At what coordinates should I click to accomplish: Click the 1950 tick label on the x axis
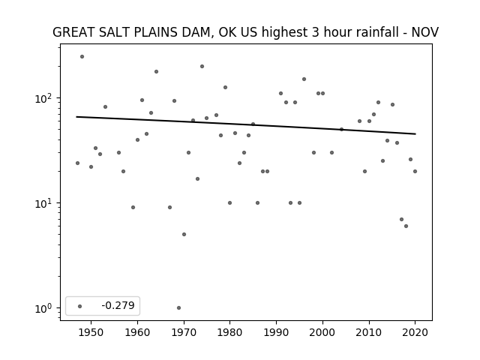click(x=91, y=332)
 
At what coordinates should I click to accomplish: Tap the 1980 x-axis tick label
click(x=229, y=332)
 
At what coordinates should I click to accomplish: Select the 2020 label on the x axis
click(x=415, y=332)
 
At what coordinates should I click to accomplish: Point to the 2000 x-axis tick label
click(x=322, y=332)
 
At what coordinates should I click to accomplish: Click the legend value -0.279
click(x=118, y=305)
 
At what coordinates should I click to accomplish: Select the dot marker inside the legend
click(x=80, y=306)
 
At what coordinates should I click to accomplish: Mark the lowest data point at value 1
click(x=178, y=307)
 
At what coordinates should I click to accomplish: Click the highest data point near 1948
click(x=82, y=57)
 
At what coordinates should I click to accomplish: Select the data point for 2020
click(x=415, y=172)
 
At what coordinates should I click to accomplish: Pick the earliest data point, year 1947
click(x=77, y=163)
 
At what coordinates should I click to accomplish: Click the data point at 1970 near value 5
click(x=184, y=235)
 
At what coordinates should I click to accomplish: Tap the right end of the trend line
click(x=415, y=133)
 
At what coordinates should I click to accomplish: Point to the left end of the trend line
click(x=76, y=117)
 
